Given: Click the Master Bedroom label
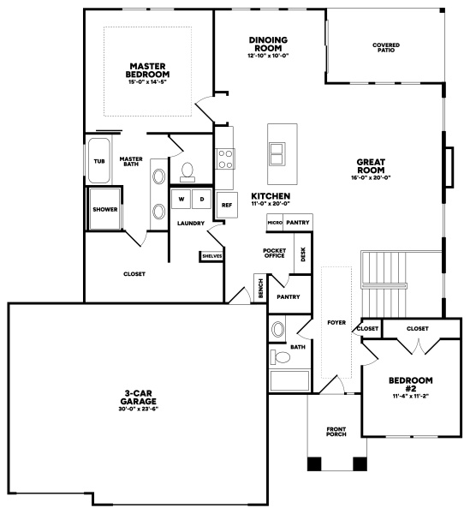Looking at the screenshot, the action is point(147,70).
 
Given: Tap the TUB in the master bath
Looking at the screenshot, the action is point(99,161).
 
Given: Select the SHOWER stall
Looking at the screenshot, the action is point(104,209).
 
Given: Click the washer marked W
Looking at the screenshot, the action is point(181,199).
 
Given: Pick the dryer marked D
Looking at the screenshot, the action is point(202,199).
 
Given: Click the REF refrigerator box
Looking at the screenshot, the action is point(227,206).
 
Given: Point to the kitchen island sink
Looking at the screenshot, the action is point(277,153).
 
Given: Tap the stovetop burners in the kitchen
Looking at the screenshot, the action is point(225,159).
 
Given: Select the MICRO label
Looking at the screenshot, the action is point(275,223).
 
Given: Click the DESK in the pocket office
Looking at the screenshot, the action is point(303,254).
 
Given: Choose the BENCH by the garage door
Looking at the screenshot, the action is point(261,288).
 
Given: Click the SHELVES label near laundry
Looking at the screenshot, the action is point(212,256).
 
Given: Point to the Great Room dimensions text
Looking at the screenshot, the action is point(371,177).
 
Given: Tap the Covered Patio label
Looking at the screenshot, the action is point(386,47).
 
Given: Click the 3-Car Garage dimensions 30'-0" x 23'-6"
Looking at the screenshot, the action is point(138,409).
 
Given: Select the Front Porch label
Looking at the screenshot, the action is point(336,432).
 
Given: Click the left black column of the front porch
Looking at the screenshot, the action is point(314,463).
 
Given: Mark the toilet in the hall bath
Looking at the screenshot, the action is point(280,357).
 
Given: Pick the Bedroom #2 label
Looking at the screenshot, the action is point(411,385).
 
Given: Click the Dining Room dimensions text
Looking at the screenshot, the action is point(268,56).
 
